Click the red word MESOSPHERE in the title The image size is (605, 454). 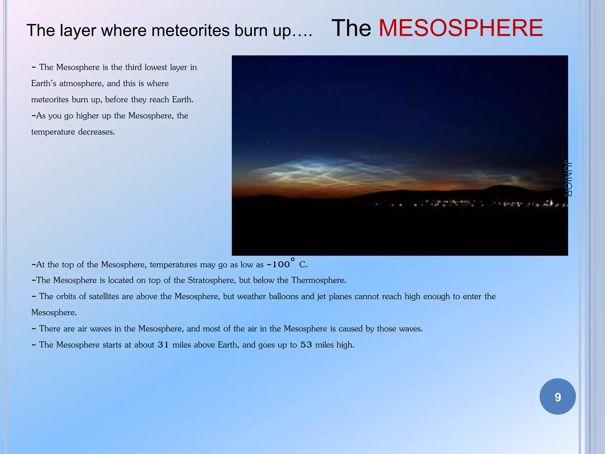coord(461,28)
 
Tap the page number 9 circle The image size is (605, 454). coord(557,397)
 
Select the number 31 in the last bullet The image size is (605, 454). coord(163,345)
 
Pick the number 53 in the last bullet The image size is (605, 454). coord(306,345)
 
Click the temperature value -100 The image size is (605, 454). coord(278,265)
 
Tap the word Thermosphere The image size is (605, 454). coord(318,280)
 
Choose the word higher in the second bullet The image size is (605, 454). coord(87,116)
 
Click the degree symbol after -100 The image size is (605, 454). coord(292,260)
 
